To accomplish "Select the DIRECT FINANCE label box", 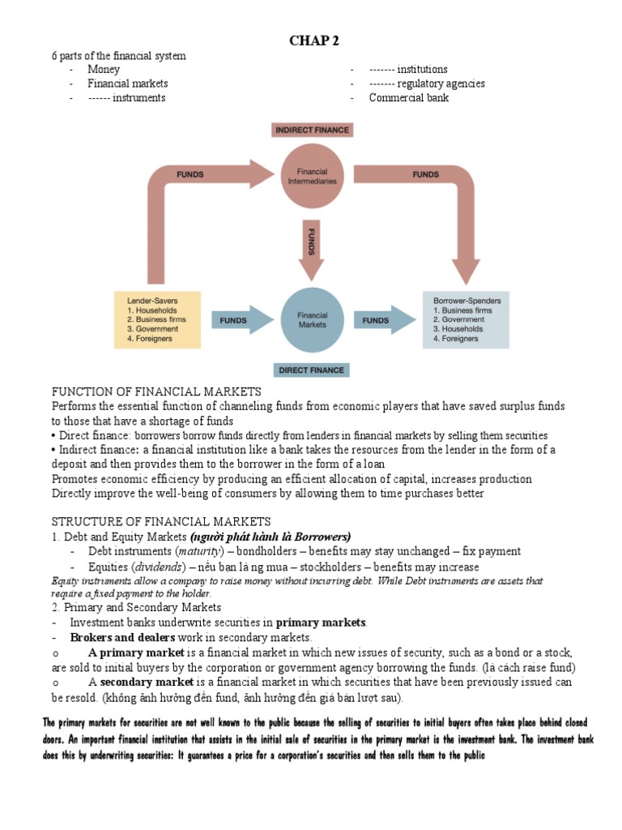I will click(312, 370).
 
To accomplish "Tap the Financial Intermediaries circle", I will click(313, 177).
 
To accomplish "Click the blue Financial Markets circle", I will click(313, 319).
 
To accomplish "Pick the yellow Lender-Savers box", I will click(158, 319).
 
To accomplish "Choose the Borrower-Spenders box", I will click(466, 319).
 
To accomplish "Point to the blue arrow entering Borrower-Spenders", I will click(384, 320).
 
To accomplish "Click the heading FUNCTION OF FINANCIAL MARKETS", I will click(156, 391).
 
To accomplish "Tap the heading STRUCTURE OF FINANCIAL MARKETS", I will click(161, 520).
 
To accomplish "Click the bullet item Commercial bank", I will click(408, 98).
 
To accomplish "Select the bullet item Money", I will click(104, 70).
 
